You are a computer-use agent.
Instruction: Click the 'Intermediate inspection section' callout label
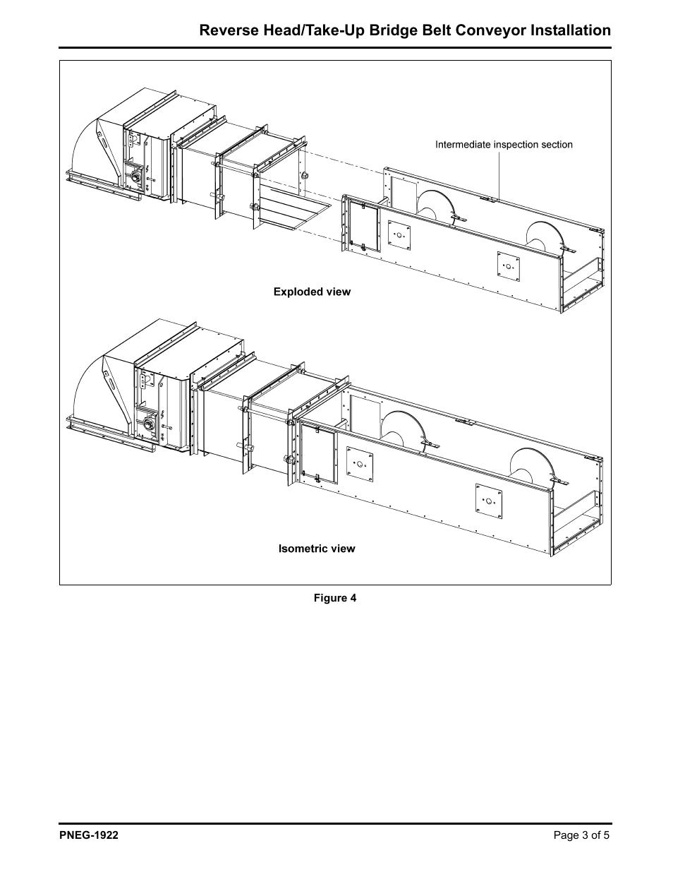coord(504,145)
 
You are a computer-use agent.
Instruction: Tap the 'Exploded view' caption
coord(312,292)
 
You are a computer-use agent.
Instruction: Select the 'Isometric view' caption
coord(317,549)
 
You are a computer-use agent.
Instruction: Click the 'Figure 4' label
coord(335,598)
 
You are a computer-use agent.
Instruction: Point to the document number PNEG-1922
coord(89,835)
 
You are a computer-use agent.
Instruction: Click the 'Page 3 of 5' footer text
coord(581,835)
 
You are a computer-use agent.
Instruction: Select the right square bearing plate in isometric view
coord(488,500)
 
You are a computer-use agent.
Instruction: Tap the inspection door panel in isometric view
coord(318,453)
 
